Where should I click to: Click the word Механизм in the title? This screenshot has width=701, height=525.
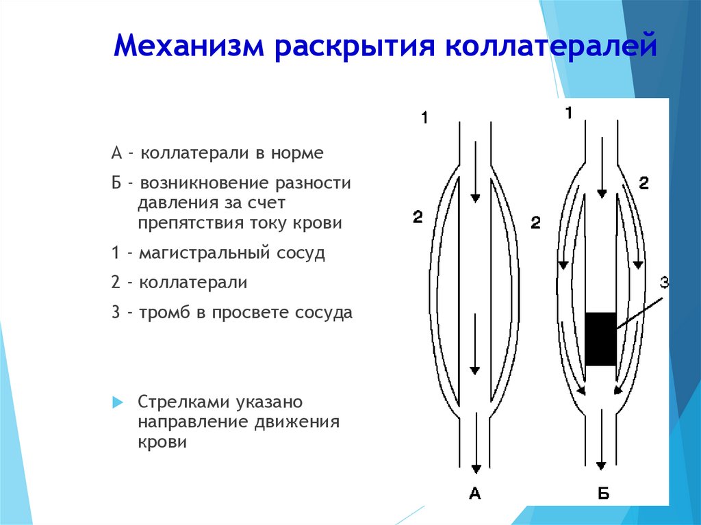tap(189, 46)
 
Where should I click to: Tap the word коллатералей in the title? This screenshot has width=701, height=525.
tap(551, 46)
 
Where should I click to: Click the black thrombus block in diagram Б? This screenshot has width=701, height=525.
tap(600, 339)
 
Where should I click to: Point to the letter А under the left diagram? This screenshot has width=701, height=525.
tap(475, 494)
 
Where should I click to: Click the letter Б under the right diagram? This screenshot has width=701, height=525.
tap(602, 494)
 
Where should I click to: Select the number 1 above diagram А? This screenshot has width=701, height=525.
tap(424, 118)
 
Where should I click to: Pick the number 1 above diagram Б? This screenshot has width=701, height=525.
tap(569, 113)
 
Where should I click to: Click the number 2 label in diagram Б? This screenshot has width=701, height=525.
tap(643, 183)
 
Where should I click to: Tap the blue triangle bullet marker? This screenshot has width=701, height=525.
tap(118, 402)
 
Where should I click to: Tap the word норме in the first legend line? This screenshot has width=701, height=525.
tap(297, 153)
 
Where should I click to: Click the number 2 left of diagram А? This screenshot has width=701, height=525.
tap(418, 217)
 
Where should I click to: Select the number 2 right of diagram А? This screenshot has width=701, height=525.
tap(535, 222)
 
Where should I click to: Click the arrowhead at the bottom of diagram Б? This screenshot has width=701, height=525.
tap(601, 465)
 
